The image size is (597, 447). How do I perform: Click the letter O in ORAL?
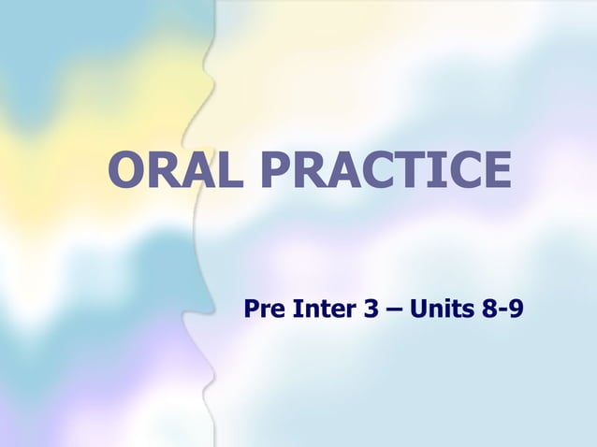[x=128, y=170]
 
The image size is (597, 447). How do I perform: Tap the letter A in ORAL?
[x=201, y=170]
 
